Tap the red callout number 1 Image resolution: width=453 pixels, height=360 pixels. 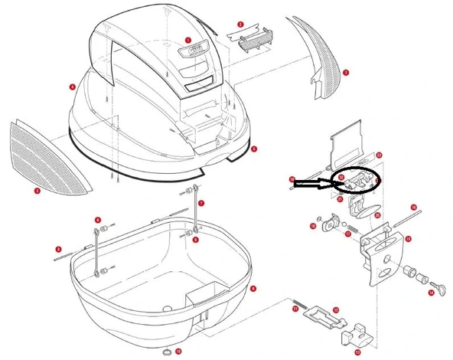click(188, 39)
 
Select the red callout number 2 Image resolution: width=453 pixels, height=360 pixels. click(240, 25)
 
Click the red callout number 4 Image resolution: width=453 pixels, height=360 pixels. click(72, 87)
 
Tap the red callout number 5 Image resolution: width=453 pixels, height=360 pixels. click(254, 149)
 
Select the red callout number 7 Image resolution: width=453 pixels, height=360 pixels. click(201, 203)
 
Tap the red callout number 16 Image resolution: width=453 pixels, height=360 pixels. click(413, 207)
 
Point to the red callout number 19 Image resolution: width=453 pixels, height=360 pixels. click(314, 226)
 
